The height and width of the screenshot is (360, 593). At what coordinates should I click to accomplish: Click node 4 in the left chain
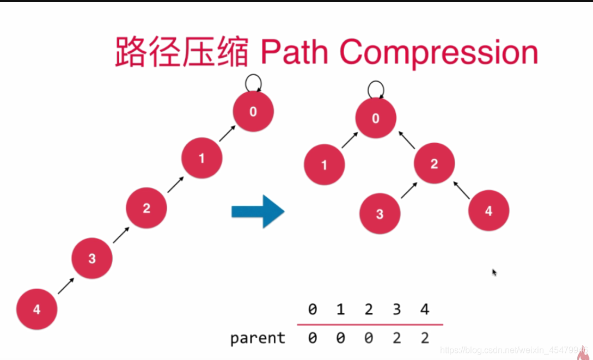(36, 309)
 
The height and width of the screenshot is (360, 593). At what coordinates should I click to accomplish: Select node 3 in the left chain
(91, 259)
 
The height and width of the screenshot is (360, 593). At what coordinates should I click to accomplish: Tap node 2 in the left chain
(146, 208)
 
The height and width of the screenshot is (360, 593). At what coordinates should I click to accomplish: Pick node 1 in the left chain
(201, 158)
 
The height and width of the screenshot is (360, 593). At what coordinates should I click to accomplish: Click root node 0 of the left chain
(253, 112)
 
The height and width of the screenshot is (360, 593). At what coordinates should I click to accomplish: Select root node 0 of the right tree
(375, 118)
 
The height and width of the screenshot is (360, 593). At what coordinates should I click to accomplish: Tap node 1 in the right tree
(325, 164)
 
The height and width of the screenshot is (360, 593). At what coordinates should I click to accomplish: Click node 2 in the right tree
(434, 163)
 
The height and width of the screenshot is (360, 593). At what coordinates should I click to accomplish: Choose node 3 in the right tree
(380, 213)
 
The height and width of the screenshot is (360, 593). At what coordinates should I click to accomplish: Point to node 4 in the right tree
(488, 211)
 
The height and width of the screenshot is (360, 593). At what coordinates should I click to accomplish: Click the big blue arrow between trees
(258, 211)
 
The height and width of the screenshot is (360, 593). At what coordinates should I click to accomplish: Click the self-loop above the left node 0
(253, 83)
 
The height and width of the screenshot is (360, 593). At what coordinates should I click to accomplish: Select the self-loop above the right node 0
(375, 89)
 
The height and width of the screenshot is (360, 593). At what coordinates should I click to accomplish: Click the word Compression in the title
(438, 53)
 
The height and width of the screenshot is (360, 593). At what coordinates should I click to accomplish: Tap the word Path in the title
(294, 53)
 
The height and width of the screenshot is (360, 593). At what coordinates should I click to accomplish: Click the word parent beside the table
(258, 338)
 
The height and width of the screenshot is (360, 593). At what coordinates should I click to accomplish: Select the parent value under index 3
(396, 338)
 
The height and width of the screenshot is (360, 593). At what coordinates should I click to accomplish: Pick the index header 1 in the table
(340, 310)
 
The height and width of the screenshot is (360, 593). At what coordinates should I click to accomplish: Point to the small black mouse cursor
(494, 272)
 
